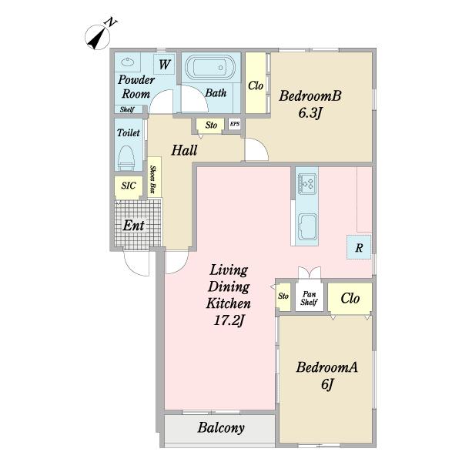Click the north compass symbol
pos(99,36)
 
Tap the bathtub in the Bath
pos(210,68)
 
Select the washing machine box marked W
pos(165,64)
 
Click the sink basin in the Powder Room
pos(128,62)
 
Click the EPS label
pos(235,124)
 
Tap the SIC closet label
pos(129,186)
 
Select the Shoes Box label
pos(153,179)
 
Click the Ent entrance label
pos(133,226)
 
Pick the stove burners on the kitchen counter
pos(306,184)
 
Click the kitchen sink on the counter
pos(307,226)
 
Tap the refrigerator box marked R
pos(359,247)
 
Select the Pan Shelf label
pos(309,298)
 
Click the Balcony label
pos(221,428)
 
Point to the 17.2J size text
pos(229,320)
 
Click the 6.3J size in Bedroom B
pos(310,113)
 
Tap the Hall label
pos(184,150)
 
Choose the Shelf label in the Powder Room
pos(127,109)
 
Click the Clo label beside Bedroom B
pos(256,85)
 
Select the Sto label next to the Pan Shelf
pos(283,296)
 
